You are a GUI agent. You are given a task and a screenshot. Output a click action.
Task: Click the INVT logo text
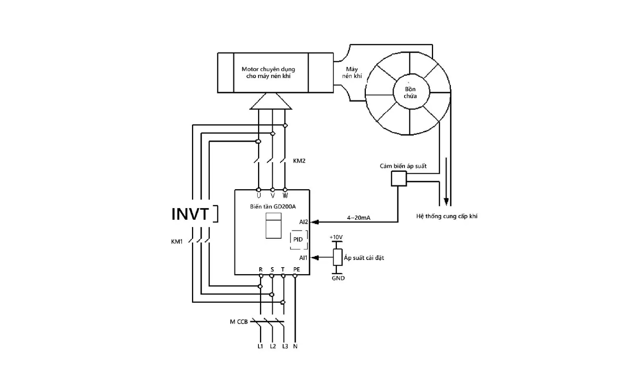190,214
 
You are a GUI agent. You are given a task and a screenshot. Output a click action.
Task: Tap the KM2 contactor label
299,161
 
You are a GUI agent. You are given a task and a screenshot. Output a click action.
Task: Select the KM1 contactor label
177,242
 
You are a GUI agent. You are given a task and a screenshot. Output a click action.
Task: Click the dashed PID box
299,240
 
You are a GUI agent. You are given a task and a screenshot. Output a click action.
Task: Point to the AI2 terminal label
303,222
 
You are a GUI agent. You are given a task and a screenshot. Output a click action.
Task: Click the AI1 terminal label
303,258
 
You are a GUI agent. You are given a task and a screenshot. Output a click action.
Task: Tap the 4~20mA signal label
359,218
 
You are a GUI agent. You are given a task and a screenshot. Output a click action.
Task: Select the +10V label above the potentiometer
336,237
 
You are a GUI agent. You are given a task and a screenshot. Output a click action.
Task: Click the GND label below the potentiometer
338,278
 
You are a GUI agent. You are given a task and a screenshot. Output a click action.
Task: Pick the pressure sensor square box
399,178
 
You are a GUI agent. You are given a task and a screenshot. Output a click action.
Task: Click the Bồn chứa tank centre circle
411,92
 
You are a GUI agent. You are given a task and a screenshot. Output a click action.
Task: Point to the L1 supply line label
260,346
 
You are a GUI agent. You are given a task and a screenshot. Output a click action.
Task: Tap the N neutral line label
295,346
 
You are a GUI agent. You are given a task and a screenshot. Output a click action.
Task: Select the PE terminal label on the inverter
296,270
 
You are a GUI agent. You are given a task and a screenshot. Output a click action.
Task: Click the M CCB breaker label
239,322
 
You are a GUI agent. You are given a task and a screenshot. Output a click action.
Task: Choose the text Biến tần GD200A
273,206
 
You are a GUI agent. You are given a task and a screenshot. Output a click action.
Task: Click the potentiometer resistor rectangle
338,257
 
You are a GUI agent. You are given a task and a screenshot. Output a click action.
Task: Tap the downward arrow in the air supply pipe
446,182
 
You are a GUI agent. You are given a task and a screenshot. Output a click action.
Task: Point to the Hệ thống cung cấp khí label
447,216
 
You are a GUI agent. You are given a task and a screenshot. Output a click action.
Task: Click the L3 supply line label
285,346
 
